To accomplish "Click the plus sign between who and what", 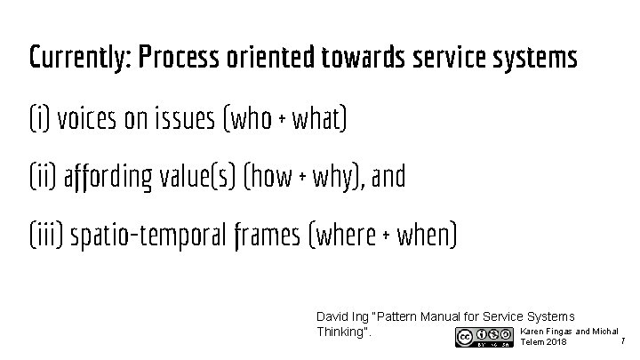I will [283, 119].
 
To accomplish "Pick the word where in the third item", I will [348, 236].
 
